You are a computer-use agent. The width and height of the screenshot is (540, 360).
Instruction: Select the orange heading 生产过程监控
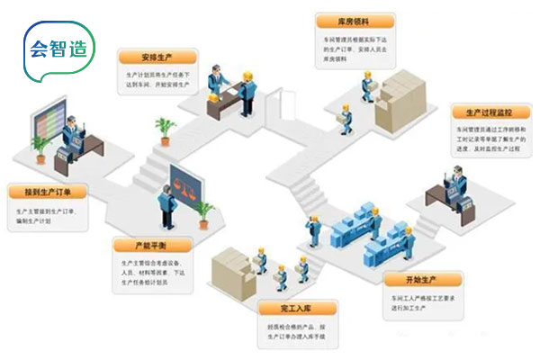coord(487,111)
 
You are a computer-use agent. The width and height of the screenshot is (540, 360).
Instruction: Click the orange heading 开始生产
coord(409,277)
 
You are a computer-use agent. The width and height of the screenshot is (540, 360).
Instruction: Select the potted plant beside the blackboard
coord(205,212)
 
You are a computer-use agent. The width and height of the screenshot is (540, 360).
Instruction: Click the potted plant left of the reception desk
coord(165,130)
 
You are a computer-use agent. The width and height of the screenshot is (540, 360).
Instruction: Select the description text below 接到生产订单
coord(50,216)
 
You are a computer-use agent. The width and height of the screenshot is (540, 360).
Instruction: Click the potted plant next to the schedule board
coord(38,146)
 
